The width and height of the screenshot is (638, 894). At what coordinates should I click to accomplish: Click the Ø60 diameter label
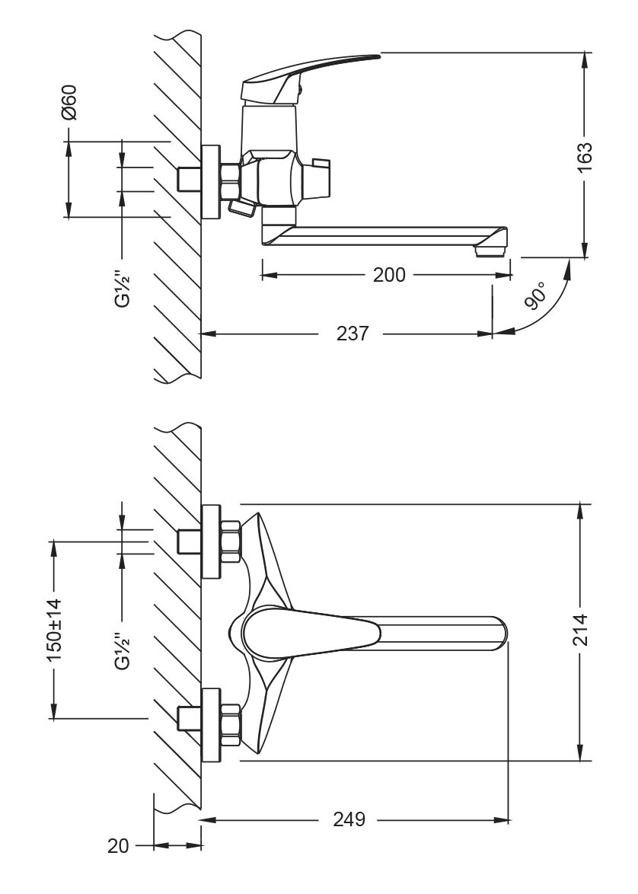[x=69, y=103]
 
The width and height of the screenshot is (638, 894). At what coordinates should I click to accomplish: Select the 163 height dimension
[x=583, y=158]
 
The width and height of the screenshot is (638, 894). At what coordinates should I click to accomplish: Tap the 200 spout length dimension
[x=389, y=275]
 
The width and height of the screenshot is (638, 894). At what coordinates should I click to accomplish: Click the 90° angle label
[x=538, y=295]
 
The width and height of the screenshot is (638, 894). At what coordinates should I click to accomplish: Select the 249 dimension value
[x=349, y=819]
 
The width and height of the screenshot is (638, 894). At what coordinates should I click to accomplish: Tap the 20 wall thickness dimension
[x=119, y=845]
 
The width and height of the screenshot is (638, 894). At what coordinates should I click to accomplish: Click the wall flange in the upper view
[x=208, y=180]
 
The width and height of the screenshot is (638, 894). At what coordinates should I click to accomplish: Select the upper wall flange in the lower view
[x=210, y=541]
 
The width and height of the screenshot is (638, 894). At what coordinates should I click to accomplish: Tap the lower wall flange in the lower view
[x=210, y=724]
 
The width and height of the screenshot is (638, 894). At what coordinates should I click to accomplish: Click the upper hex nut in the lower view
[x=231, y=541]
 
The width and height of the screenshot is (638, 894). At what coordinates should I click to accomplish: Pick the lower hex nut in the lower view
[x=231, y=724]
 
